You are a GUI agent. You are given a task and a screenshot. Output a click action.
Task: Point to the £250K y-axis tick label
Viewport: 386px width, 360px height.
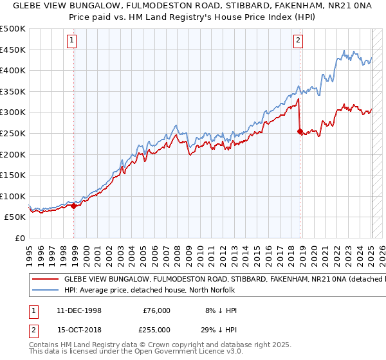click(13, 133)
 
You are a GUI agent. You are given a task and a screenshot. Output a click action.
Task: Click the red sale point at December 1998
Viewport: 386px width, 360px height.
click(74, 206)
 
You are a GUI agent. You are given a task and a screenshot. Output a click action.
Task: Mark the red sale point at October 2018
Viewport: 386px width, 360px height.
click(300, 131)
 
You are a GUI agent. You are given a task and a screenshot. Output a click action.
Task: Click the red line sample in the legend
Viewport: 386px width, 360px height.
click(45, 280)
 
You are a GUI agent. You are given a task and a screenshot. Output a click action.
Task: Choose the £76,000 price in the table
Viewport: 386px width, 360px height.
click(156, 310)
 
